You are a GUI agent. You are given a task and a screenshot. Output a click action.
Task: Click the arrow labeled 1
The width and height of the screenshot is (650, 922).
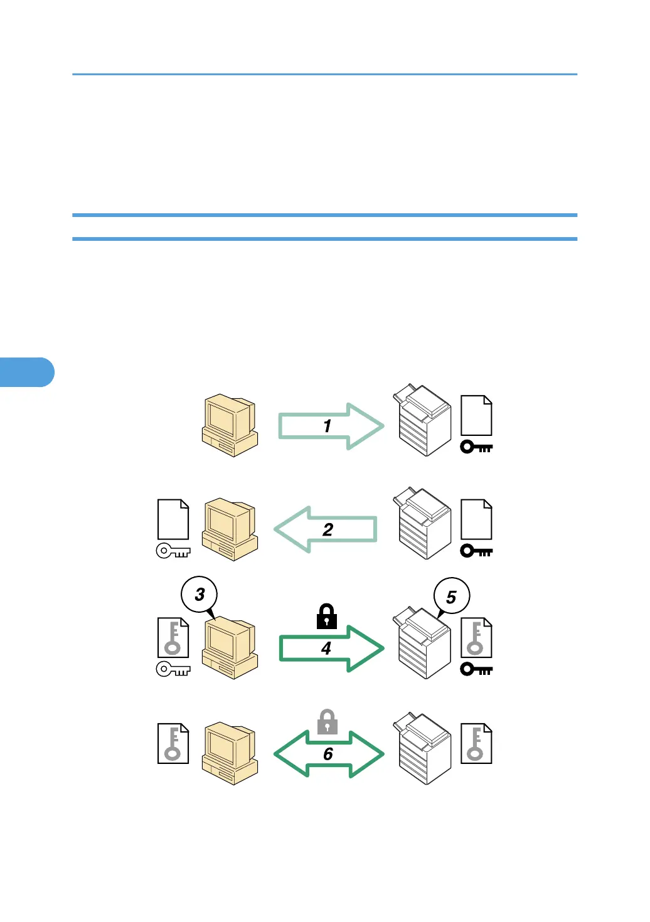(x=330, y=427)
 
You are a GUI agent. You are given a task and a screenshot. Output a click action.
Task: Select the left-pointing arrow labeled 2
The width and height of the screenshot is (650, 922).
(x=326, y=529)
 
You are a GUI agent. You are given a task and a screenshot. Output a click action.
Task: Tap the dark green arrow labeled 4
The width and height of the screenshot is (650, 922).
(x=331, y=649)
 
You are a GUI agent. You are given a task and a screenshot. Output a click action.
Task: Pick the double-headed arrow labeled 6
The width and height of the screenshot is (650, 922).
(x=329, y=754)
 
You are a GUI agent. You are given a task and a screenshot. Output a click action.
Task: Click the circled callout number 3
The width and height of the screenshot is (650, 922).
(x=200, y=595)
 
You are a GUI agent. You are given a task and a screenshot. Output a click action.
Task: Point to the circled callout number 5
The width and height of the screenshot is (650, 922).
(x=451, y=596)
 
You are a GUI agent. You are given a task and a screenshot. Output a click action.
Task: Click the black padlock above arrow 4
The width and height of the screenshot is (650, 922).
(x=326, y=617)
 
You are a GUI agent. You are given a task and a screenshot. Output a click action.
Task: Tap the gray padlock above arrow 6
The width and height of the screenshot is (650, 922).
(x=327, y=722)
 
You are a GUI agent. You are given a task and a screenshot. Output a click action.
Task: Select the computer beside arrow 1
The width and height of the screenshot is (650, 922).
(x=230, y=425)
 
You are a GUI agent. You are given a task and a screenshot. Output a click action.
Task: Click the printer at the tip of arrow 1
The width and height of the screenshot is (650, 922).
(x=422, y=420)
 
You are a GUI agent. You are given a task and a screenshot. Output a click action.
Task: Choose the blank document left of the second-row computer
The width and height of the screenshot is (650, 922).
(x=173, y=519)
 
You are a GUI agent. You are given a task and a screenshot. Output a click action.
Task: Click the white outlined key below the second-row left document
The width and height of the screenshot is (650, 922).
(x=173, y=551)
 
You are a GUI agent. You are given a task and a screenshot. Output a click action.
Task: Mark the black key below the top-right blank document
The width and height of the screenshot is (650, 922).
(x=476, y=447)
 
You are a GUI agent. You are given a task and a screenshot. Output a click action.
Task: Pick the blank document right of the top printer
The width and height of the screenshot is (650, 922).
(x=476, y=415)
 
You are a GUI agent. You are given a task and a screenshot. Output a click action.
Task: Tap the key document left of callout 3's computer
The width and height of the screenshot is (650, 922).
(x=173, y=637)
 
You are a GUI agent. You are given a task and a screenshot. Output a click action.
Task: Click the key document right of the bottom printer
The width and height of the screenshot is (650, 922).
(x=476, y=744)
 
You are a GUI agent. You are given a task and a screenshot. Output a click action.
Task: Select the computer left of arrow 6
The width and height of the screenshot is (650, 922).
(x=230, y=753)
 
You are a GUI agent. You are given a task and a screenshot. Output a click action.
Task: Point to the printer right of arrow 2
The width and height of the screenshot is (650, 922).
(x=422, y=523)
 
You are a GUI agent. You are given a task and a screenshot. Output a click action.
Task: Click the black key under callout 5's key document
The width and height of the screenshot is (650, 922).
(x=476, y=669)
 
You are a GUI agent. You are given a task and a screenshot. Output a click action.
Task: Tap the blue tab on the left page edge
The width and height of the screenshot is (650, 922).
(x=27, y=372)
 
